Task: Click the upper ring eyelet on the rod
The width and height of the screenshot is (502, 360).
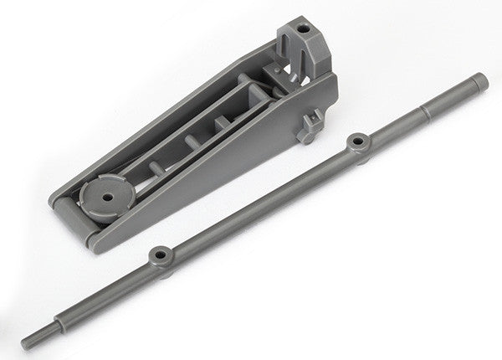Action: pyautogui.click(x=359, y=141)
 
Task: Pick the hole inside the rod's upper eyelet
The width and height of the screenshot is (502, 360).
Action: pyautogui.click(x=359, y=141)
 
